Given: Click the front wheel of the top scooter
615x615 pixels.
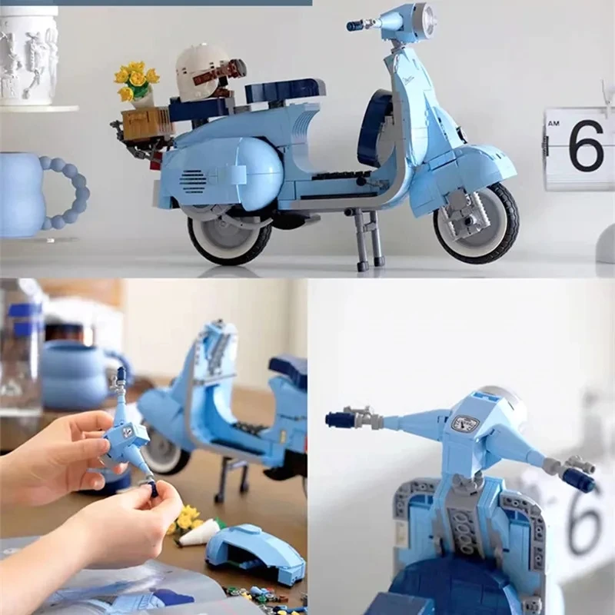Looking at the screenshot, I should point(476,224).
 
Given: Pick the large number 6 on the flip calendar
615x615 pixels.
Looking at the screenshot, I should point(586,145).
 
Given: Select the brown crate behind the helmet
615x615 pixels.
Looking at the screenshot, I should point(147,123).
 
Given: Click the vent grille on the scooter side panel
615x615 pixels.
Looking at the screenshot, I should point(192,181).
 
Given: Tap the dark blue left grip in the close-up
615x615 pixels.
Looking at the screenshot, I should point(339,420).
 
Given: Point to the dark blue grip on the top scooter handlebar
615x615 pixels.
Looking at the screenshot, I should point(354,26).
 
